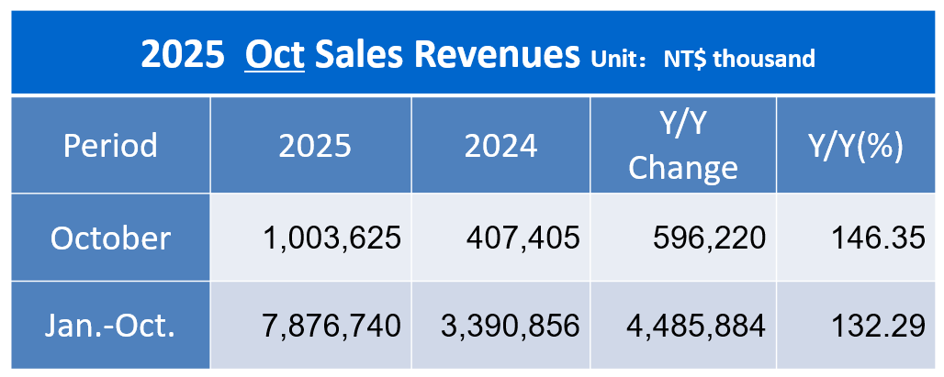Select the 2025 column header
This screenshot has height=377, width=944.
(310, 146)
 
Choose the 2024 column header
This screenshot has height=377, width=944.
(500, 146)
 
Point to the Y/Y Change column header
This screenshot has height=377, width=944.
(683, 146)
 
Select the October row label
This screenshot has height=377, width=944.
(110, 238)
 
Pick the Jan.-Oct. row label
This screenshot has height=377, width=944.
(110, 325)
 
